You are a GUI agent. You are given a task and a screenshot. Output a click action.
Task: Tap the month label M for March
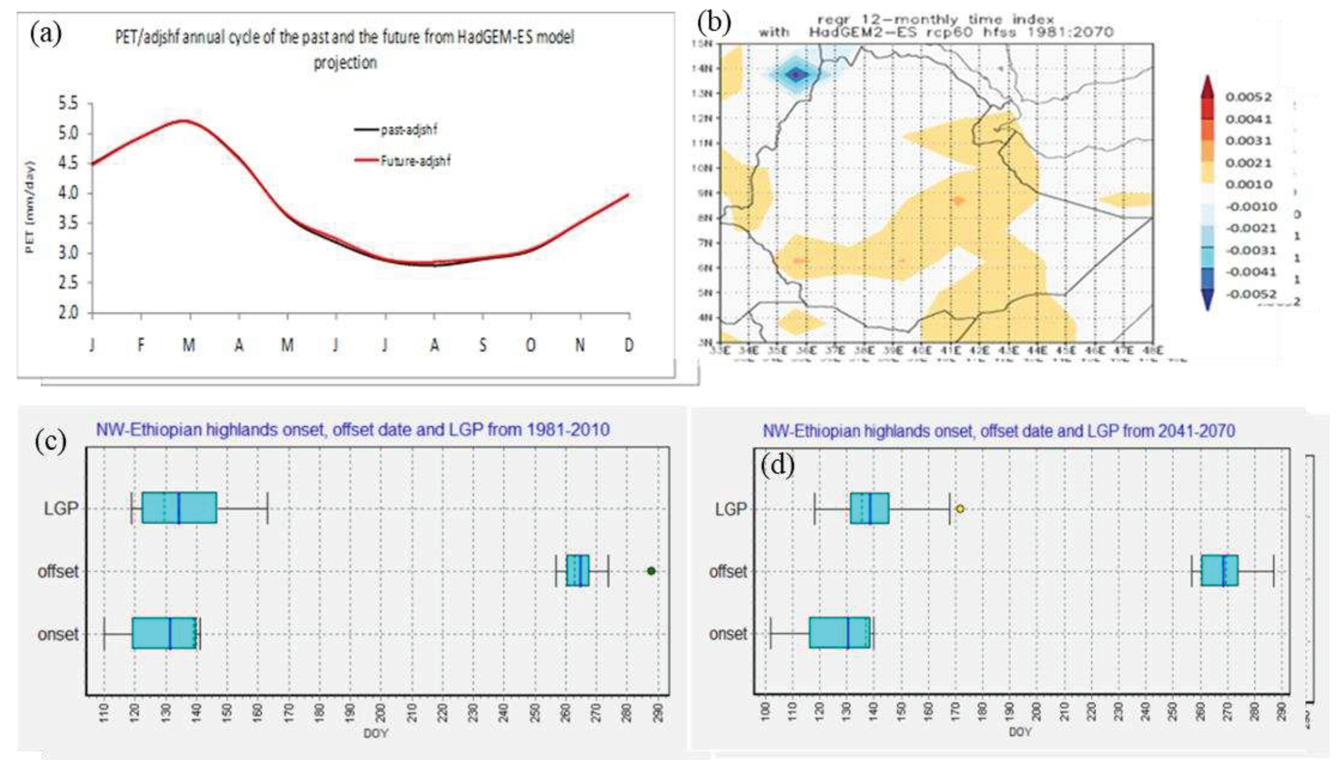click(189, 346)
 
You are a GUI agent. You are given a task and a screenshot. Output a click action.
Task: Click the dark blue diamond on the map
click(796, 75)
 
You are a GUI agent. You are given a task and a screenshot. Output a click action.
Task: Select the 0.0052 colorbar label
click(1248, 97)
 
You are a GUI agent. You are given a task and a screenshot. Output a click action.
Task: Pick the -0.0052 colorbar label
click(1251, 294)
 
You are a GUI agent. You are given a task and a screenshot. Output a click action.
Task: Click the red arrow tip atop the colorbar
click(1207, 82)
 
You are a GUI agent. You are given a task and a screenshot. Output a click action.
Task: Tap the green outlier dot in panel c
click(651, 571)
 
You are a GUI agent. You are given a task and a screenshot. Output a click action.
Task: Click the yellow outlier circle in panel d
click(960, 509)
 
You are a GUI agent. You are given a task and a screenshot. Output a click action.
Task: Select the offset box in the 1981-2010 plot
click(578, 571)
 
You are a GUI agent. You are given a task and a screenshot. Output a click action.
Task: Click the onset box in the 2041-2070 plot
click(840, 633)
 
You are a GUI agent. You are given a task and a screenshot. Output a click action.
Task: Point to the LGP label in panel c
click(60, 509)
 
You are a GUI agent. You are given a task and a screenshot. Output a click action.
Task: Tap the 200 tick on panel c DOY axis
click(381, 713)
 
